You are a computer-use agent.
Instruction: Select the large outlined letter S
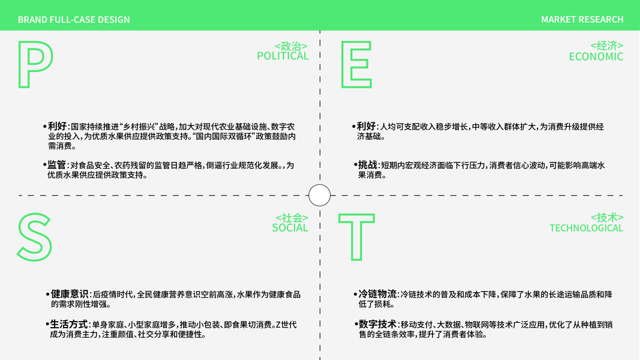click(35, 237)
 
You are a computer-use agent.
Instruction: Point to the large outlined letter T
click(356, 237)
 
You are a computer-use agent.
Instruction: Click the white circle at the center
click(319, 195)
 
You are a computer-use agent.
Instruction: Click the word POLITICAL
click(283, 56)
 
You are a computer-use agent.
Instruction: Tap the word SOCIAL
click(290, 228)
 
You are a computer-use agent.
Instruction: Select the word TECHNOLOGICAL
click(586, 228)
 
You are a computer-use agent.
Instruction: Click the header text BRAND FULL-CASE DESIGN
click(74, 20)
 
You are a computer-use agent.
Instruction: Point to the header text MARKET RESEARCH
click(582, 20)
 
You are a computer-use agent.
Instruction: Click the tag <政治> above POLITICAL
click(291, 46)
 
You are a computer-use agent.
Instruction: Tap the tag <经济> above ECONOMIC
click(606, 46)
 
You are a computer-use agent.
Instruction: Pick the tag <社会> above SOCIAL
click(292, 217)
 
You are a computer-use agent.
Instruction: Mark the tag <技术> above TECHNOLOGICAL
click(606, 217)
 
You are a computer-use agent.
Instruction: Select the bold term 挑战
click(368, 165)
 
